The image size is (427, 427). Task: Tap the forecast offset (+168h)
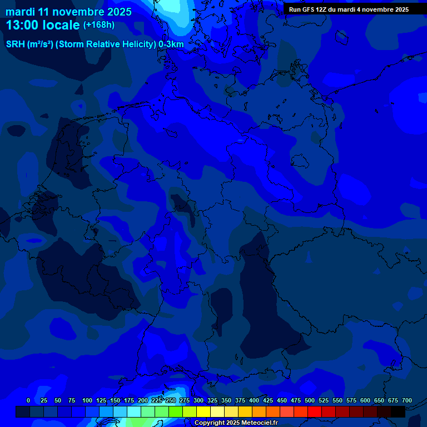tap(98, 25)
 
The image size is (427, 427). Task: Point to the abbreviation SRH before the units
tap(15, 44)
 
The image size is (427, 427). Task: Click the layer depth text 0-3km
tap(171, 44)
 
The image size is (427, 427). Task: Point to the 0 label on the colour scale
tap(28, 400)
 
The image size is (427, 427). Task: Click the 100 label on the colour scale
tap(87, 400)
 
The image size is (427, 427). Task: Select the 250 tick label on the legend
tap(171, 400)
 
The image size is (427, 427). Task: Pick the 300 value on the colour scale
tap(198, 400)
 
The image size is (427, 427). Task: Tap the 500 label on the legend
tap(310, 400)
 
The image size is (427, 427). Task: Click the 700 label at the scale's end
tap(407, 400)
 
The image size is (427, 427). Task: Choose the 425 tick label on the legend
tap(268, 400)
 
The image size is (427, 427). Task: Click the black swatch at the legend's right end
tap(398, 411)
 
